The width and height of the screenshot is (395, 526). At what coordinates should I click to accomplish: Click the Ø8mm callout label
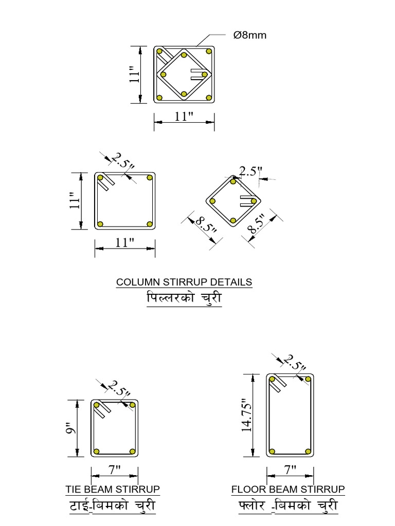pyautogui.click(x=250, y=35)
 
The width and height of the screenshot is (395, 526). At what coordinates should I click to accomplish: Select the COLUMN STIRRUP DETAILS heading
pyautogui.click(x=184, y=282)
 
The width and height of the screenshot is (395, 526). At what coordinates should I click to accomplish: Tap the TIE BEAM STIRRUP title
pyautogui.click(x=113, y=489)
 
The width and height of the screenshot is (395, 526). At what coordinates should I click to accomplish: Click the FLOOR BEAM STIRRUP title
pyautogui.click(x=288, y=489)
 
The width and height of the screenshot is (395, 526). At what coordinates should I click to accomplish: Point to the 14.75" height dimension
pyautogui.click(x=247, y=416)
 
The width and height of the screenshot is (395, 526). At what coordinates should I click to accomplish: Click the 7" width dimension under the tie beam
pyautogui.click(x=114, y=469)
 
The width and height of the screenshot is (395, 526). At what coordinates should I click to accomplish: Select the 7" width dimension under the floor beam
pyautogui.click(x=291, y=469)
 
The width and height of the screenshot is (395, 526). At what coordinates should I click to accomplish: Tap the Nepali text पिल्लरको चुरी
pyautogui.click(x=184, y=298)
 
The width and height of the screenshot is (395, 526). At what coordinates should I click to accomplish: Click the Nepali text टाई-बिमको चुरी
pyautogui.click(x=112, y=506)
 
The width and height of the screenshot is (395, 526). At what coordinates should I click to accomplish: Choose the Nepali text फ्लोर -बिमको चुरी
pyautogui.click(x=288, y=506)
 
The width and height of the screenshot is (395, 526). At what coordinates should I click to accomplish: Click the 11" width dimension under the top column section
pyautogui.click(x=184, y=117)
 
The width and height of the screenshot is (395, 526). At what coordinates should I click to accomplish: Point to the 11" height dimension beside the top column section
pyautogui.click(x=135, y=74)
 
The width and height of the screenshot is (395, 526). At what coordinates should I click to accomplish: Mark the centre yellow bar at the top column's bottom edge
pyautogui.click(x=184, y=94)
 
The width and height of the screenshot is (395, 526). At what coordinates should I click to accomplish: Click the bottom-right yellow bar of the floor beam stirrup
pyautogui.click(x=308, y=451)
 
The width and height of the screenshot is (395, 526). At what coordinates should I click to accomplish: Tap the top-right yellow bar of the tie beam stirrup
pyautogui.click(x=132, y=405)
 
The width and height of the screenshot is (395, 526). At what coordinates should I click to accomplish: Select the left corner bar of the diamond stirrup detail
pyautogui.click(x=213, y=201)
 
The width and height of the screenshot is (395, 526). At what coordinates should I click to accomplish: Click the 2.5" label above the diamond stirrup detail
pyautogui.click(x=252, y=172)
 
